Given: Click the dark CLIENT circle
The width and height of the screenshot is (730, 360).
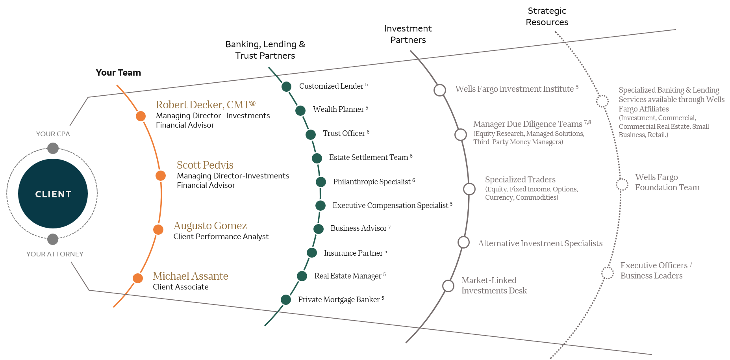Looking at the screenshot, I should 53,193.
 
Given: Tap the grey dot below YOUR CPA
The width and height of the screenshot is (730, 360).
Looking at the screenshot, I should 53,148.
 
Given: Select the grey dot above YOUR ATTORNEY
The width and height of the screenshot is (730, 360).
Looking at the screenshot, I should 53,239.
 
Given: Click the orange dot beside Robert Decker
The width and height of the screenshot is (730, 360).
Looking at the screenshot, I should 141,116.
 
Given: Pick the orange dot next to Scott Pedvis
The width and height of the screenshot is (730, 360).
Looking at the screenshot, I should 161,176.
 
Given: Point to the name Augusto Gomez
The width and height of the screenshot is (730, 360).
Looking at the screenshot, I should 210,226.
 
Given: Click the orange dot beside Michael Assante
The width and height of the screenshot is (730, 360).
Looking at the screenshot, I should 138,278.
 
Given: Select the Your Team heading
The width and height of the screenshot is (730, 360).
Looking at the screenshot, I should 118,72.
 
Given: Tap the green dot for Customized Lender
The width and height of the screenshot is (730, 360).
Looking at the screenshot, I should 286,86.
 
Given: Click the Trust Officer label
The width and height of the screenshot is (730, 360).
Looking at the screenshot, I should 344,134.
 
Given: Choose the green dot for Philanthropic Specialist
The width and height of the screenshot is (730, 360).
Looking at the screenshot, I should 321,182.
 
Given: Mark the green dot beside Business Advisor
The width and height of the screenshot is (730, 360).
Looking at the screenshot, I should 319,229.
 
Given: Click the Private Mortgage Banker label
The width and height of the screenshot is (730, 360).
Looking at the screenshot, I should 339,300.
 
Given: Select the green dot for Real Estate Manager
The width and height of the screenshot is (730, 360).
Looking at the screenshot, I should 302,276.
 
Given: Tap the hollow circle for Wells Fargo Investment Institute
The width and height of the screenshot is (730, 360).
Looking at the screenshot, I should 440,90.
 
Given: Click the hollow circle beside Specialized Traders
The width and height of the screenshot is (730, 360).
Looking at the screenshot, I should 469,189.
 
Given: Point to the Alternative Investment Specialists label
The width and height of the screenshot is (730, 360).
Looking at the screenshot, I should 540,243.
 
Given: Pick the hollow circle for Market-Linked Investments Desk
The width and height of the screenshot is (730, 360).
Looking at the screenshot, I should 448,286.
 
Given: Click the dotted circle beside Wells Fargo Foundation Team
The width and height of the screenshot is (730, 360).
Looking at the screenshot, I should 622,184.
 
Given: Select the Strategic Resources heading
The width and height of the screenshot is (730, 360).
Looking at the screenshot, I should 547,17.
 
